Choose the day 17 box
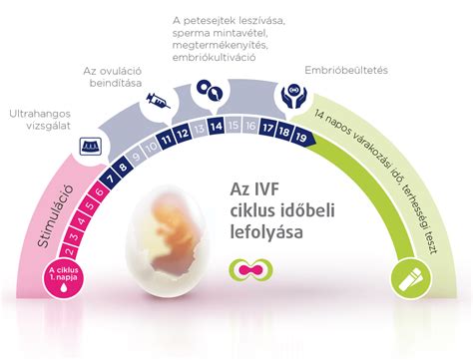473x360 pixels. [x=267, y=128]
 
